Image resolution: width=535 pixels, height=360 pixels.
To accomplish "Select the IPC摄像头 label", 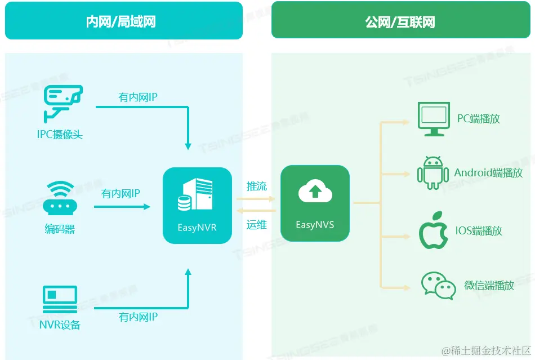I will click(x=60, y=135).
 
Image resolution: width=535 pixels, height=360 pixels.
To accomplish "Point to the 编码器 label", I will click(x=60, y=229).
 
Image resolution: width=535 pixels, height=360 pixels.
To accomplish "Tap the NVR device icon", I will click(x=60, y=297).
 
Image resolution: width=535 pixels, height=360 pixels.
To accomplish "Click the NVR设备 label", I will click(x=60, y=325).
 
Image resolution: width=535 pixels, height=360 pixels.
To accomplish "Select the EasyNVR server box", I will click(x=197, y=206).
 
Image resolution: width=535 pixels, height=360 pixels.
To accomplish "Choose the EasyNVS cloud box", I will click(x=315, y=203).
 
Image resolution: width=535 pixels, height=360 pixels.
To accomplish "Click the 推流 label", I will click(x=257, y=186).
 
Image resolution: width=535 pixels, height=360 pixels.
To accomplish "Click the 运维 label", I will click(x=257, y=225).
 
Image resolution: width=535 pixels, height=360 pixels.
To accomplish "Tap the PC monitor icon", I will click(x=433, y=119).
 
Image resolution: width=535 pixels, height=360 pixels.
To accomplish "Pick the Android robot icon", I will click(x=433, y=172).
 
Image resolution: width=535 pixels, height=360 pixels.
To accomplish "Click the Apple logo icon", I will click(x=433, y=231).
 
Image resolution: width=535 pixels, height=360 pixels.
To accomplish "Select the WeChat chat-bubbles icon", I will click(x=438, y=286).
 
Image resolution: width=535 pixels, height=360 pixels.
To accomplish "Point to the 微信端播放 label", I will click(x=489, y=286).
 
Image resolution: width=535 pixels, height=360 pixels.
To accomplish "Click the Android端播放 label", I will click(x=488, y=173).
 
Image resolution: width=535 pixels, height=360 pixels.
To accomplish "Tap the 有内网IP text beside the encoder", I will click(x=121, y=194).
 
